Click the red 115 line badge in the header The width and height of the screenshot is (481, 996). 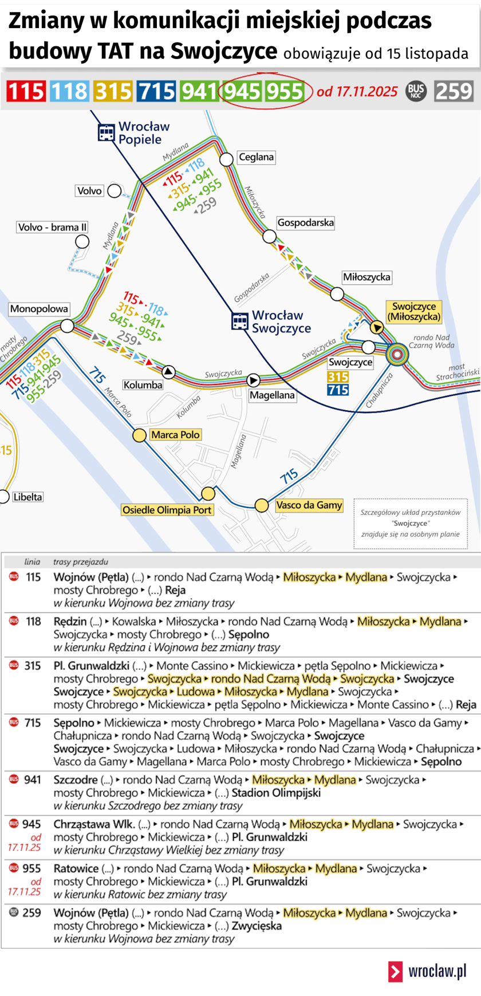click(x=26, y=92)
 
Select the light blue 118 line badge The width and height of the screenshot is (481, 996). click(x=69, y=92)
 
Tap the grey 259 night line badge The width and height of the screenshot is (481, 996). click(x=454, y=92)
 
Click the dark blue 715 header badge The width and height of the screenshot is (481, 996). click(x=156, y=92)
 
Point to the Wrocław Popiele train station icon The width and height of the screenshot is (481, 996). click(x=106, y=133)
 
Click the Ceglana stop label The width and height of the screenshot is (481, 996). click(x=256, y=157)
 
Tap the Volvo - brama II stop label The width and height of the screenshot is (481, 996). click(x=52, y=227)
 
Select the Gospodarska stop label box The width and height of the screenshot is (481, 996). click(x=305, y=223)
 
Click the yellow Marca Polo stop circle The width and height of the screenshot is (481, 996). click(x=139, y=435)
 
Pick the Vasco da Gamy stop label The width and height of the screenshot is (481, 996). click(x=309, y=505)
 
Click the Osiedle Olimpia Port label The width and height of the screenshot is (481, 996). click(x=167, y=510)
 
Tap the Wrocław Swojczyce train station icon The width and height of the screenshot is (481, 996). click(x=240, y=322)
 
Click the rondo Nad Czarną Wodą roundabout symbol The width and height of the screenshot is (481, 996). click(x=397, y=354)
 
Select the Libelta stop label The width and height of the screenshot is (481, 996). click(x=27, y=497)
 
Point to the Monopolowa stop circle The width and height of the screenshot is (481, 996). click(x=68, y=326)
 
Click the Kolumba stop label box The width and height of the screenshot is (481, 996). click(x=143, y=385)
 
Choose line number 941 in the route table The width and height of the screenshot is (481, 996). click(x=33, y=779)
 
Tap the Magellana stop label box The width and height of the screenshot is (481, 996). click(x=272, y=395)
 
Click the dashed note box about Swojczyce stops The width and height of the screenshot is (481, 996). click(x=410, y=523)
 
